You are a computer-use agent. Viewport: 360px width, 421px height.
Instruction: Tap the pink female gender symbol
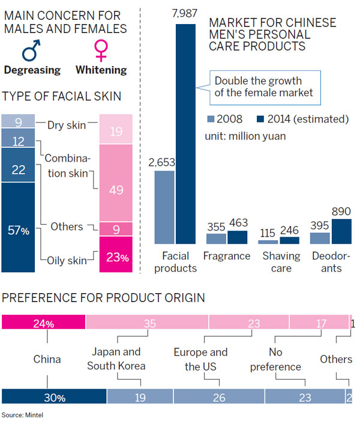[x=101, y=50]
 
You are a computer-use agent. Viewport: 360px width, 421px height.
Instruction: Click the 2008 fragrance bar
[x=217, y=238]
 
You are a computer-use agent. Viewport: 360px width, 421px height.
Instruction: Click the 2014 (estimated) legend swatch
[x=262, y=120]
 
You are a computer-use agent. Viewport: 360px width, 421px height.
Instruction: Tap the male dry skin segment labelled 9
[x=18, y=123]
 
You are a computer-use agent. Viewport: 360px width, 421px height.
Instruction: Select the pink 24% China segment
[x=44, y=323]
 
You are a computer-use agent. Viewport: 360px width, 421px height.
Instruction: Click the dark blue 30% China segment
[x=55, y=396]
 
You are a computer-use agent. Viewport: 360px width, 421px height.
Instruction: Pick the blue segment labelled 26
[x=219, y=396]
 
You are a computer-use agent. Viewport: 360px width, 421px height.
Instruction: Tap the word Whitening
[x=101, y=70]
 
